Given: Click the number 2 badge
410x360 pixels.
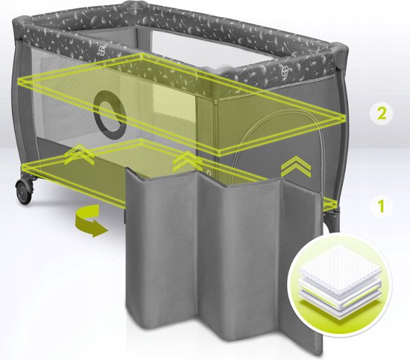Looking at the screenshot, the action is point(381,113).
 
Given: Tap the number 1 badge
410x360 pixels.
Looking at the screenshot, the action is point(381,206).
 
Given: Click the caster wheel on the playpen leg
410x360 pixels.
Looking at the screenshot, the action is point(25,191).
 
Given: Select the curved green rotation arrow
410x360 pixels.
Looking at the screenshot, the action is point(90,221).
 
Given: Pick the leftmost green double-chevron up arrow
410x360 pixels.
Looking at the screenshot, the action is point(79,154).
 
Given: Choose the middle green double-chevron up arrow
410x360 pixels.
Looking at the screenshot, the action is point(187,161).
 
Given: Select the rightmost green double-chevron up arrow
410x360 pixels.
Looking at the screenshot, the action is point(296,166).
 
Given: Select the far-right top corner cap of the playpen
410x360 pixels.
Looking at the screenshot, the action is point(341,52).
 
